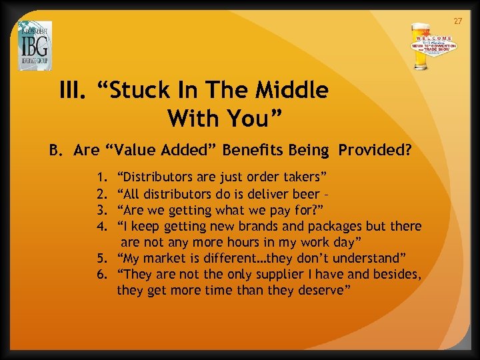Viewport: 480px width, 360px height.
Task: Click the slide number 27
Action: (457, 22)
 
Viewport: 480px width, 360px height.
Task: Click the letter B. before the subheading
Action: (56, 150)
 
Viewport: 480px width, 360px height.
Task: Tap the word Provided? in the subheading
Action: (375, 150)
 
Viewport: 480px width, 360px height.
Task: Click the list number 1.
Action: (101, 177)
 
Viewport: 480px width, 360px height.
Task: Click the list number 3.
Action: (101, 210)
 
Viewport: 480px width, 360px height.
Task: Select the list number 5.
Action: (101, 259)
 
